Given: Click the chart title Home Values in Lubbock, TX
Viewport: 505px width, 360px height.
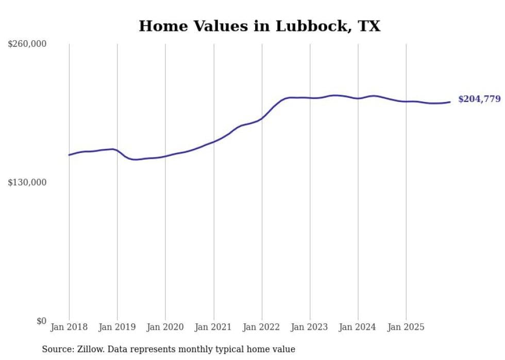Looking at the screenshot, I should [x=260, y=26].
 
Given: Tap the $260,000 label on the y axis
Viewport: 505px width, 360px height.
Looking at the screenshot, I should [x=27, y=44].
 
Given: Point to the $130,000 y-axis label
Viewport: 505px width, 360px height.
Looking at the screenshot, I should [x=27, y=182].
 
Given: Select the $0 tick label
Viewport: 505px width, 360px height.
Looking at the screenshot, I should [x=41, y=321].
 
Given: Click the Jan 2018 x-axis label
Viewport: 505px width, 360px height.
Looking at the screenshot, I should [x=69, y=327].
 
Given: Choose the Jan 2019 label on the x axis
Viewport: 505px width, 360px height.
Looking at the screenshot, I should [x=117, y=327].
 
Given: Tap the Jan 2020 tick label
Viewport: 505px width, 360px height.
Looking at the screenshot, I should [x=165, y=327].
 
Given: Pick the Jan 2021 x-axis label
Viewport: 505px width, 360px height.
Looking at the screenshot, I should [x=213, y=327].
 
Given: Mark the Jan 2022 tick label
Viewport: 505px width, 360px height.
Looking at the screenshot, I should [x=262, y=327].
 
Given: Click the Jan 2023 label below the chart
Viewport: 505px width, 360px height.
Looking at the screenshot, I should [x=310, y=327].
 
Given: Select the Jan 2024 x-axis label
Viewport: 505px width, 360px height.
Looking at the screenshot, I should [x=358, y=327].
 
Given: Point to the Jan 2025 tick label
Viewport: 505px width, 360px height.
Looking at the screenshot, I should [x=406, y=327].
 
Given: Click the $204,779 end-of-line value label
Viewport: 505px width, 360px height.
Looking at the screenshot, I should [x=479, y=99].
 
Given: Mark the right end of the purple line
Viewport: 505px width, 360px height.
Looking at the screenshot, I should [x=450, y=102].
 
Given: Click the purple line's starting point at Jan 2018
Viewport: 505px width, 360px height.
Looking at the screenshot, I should [x=69, y=155].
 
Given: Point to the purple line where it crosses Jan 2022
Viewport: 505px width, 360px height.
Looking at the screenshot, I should [x=262, y=118].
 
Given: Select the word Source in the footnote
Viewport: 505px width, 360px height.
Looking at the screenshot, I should [x=57, y=349].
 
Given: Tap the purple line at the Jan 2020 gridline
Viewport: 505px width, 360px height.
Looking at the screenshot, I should [x=165, y=156].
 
